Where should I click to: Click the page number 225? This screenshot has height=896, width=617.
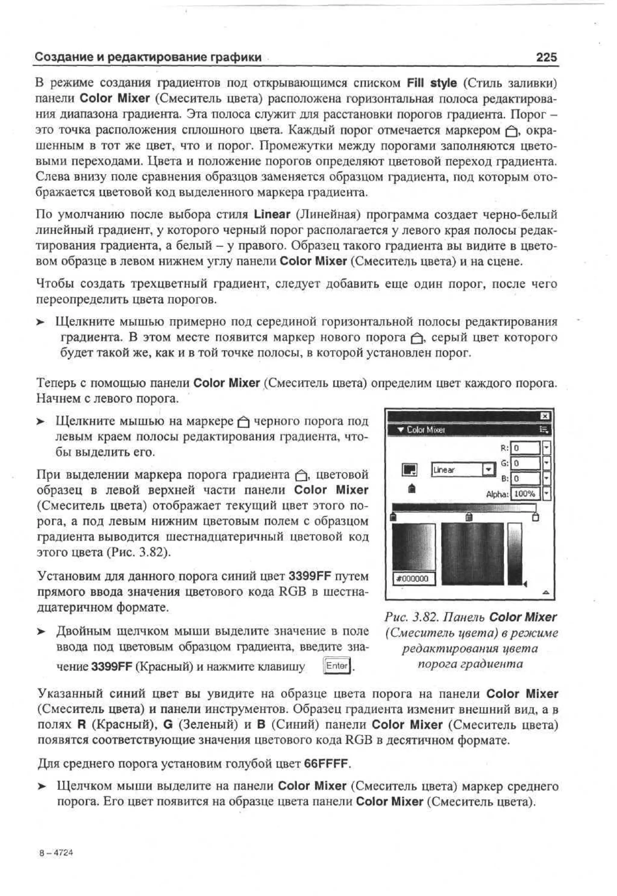point(546,57)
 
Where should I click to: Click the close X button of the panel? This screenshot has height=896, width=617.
point(545,416)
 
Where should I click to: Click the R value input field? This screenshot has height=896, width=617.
point(525,448)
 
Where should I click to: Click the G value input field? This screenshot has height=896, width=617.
point(525,463)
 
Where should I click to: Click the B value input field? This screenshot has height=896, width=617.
point(525,479)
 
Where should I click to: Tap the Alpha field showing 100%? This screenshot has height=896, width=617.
point(525,494)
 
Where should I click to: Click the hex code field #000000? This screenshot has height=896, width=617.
point(413,578)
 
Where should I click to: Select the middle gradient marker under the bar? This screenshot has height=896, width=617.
point(469,517)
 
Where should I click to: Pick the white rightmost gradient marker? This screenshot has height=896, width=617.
point(535,517)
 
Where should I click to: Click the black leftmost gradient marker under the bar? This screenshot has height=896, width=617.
point(393,517)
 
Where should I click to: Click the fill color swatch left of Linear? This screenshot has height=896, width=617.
point(409,470)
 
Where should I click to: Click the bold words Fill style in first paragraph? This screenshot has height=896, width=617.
point(432,83)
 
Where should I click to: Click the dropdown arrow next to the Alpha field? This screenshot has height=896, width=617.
point(546,494)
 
